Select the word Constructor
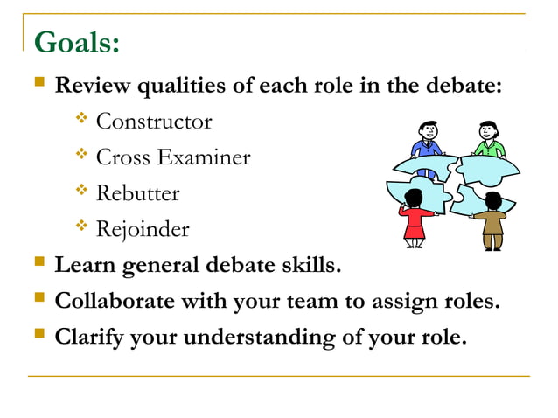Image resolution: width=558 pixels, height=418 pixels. [154, 121]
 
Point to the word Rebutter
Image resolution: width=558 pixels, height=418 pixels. [137, 193]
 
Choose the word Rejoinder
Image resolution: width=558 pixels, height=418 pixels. [142, 229]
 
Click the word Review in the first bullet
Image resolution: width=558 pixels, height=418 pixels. [89, 87]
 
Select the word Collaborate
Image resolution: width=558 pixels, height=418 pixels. [110, 301]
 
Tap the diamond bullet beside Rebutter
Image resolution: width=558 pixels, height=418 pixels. [82, 192]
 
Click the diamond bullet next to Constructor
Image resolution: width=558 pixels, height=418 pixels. [82, 119]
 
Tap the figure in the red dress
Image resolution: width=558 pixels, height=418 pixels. [415, 219]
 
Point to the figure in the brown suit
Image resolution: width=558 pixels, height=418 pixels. [492, 220]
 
